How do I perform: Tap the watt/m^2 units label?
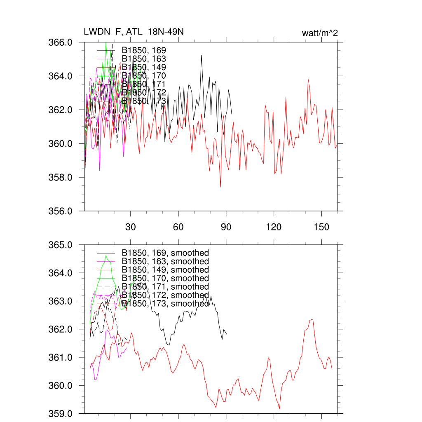[x=320, y=33]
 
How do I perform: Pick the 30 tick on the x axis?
[x=131, y=227]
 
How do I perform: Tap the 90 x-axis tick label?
[x=226, y=227]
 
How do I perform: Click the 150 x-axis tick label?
[x=321, y=227]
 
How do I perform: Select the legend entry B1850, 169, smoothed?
[x=165, y=253]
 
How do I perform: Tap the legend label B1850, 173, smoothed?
[x=165, y=304]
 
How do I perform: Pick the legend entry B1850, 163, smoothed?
[x=165, y=261]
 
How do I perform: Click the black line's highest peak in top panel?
[x=202, y=55]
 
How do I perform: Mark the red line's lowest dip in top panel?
[x=220, y=187]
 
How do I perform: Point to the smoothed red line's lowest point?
[x=279, y=409]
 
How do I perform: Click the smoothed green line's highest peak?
[x=106, y=256]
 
